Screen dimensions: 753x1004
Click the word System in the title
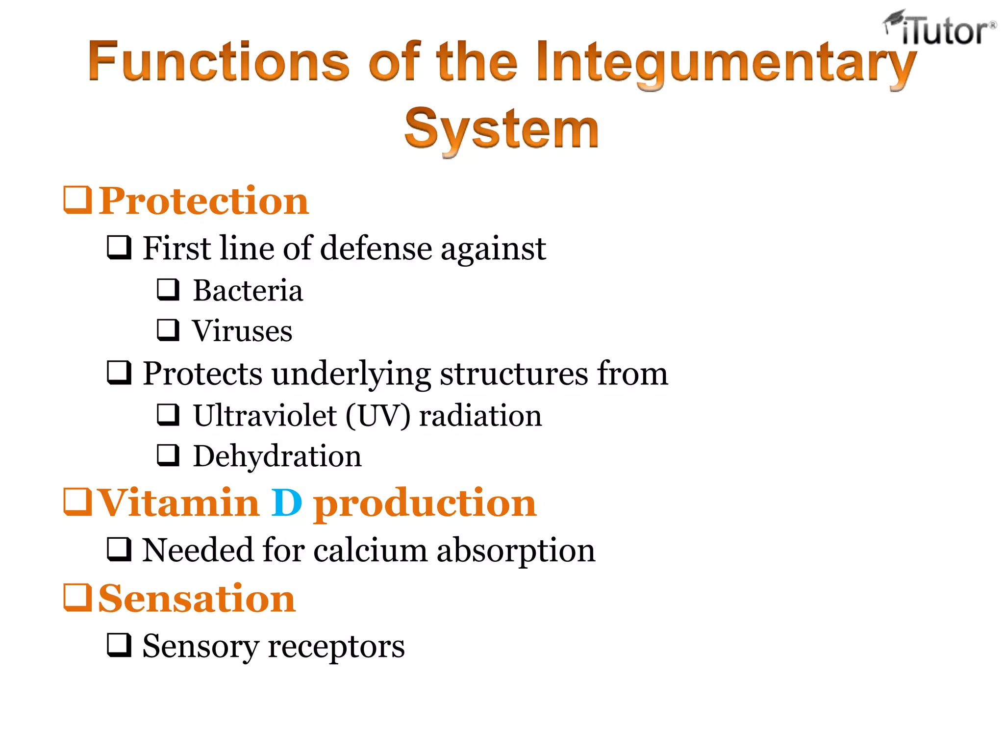[501, 128]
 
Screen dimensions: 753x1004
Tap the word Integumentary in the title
[726, 63]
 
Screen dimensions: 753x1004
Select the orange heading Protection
[203, 201]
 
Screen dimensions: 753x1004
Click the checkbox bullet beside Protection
[77, 200]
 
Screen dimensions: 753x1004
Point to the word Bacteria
[248, 290]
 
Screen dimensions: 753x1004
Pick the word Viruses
[242, 331]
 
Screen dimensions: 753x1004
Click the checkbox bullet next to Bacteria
[168, 289]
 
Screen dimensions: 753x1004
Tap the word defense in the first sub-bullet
[376, 248]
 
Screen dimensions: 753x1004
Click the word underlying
[351, 374]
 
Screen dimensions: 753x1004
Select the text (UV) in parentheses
[378, 416]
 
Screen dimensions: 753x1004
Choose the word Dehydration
[277, 456]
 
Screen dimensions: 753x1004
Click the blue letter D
[287, 503]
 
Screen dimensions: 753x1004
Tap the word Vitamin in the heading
[179, 503]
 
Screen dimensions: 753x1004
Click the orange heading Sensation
[197, 599]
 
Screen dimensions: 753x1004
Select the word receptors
[336, 646]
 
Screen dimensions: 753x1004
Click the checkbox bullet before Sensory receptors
[119, 645]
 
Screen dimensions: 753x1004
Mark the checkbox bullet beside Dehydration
[168, 455]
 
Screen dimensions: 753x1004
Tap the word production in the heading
[425, 504]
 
